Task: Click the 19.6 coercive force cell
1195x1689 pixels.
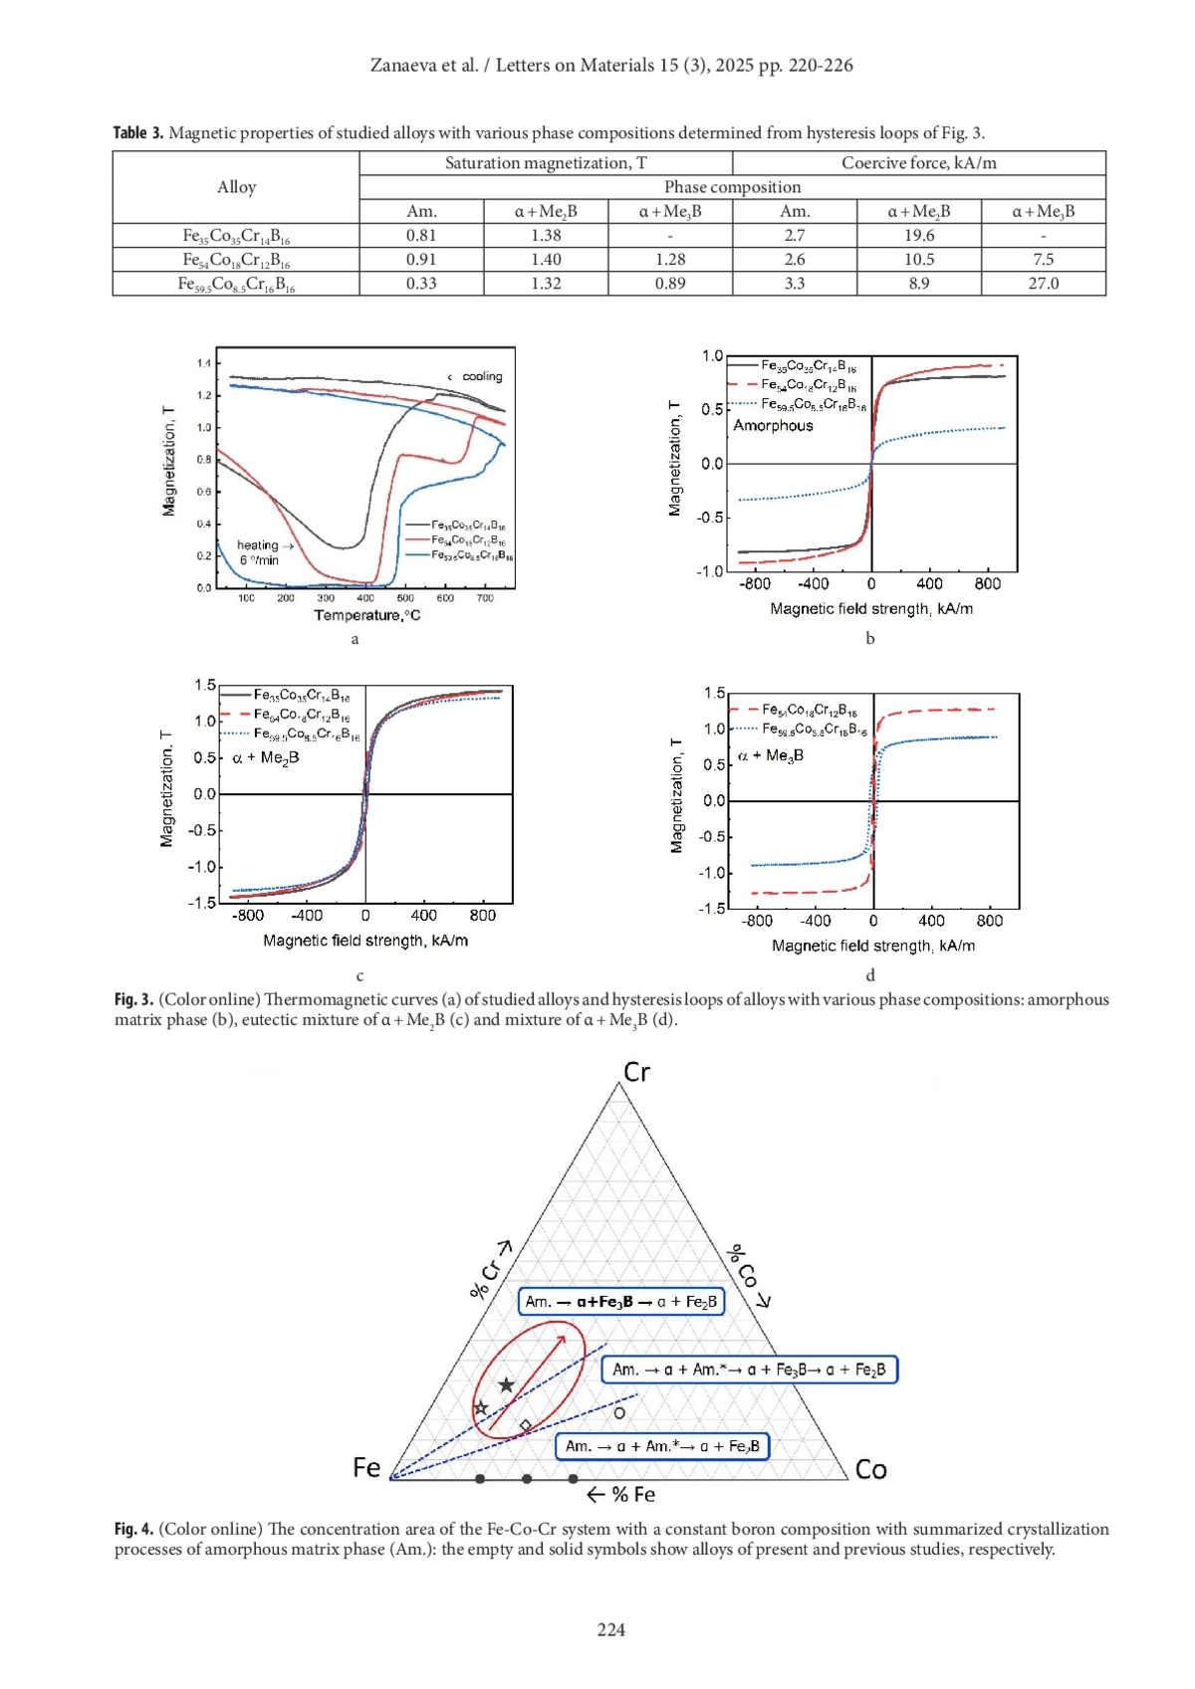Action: tap(918, 236)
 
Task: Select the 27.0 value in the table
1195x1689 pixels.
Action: tap(1043, 284)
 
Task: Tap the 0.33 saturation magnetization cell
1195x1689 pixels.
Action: tap(421, 284)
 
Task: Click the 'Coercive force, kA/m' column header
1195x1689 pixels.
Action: tap(918, 163)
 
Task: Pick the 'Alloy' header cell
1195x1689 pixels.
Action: tap(236, 187)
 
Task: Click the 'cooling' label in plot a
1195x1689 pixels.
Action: tap(482, 376)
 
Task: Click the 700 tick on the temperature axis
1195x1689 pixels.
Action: tap(485, 598)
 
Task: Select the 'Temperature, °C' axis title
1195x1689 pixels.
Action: tap(367, 615)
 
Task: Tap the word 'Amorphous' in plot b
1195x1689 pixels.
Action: tap(773, 426)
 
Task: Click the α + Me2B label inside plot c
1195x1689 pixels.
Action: tap(266, 758)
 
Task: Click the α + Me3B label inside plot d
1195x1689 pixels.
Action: tap(771, 755)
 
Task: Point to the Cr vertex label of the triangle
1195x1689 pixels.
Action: tap(636, 1072)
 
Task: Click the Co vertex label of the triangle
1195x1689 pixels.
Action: tap(870, 1469)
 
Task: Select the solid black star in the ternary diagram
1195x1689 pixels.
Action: tap(506, 1385)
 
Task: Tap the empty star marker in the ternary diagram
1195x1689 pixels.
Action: tap(481, 1408)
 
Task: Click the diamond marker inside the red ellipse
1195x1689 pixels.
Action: tap(526, 1426)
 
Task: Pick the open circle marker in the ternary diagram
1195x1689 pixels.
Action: tap(619, 1412)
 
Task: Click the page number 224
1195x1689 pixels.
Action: tap(611, 1629)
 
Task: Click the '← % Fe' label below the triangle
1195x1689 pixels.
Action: tap(620, 1495)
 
